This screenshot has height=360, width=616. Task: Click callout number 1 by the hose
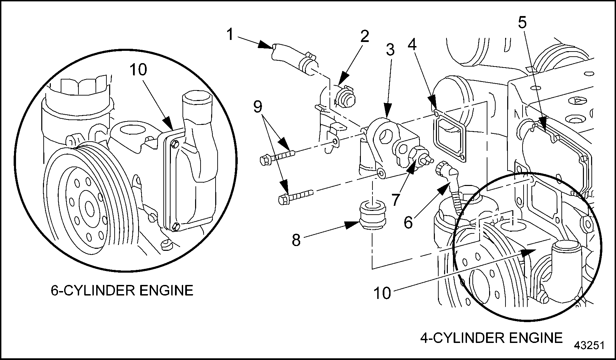[x=230, y=34]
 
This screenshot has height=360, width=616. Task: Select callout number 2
[x=364, y=36]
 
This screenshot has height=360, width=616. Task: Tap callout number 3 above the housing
[x=390, y=50]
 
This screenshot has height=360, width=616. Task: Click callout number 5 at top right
[x=522, y=23]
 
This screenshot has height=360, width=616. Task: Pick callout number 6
[x=408, y=222]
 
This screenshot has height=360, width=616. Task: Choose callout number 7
[x=396, y=200]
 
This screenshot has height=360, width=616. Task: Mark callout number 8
[x=296, y=240]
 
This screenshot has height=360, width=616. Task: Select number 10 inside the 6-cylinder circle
[x=138, y=70]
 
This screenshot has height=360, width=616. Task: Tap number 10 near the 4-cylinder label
[x=382, y=293]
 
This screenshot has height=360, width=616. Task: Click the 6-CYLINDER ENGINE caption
[x=122, y=290]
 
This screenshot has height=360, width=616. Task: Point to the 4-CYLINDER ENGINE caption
[x=491, y=338]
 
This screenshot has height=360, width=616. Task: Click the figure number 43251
[x=589, y=345]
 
